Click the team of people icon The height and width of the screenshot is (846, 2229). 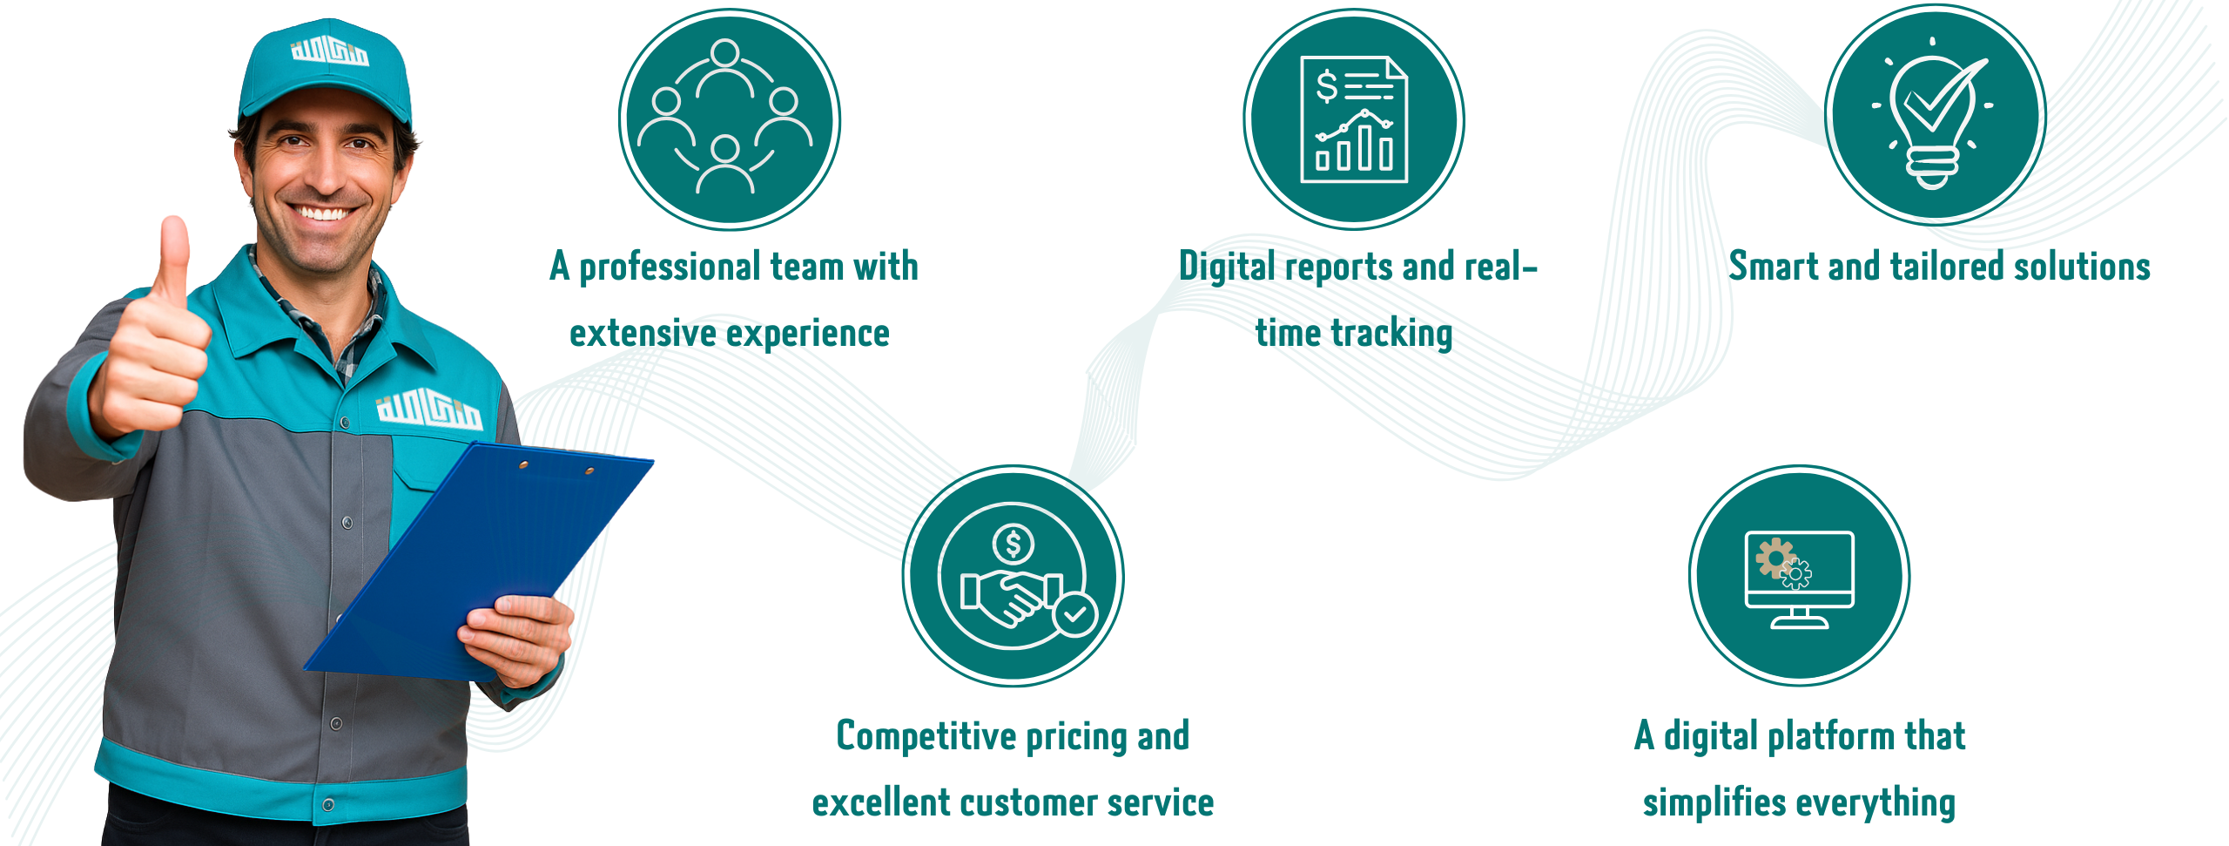pos(730,119)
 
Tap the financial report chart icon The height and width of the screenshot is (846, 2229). pos(1354,119)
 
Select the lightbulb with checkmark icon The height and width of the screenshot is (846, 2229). pos(1936,115)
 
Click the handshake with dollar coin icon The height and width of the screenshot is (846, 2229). pos(1013,576)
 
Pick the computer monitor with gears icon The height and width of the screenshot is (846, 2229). pos(1800,576)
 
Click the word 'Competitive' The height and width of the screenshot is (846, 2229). pos(926,736)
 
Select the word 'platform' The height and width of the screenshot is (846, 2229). pos(1830,736)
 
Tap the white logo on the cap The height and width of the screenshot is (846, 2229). pos(329,51)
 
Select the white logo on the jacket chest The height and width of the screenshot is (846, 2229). pos(428,409)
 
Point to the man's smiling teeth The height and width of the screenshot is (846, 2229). pos(321,213)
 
